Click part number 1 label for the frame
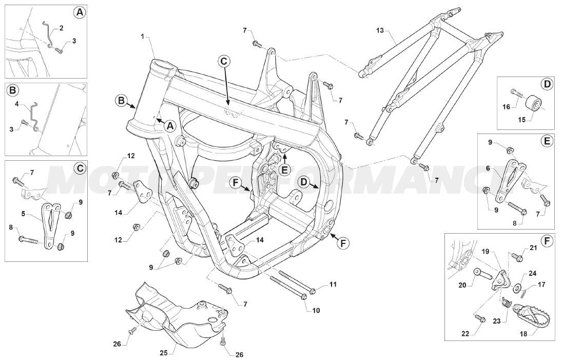(143, 36)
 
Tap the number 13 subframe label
(380, 30)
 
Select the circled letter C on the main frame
(223, 61)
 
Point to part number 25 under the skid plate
(164, 353)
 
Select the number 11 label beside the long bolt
(333, 284)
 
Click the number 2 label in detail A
(61, 28)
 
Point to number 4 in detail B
(16, 104)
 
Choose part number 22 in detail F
(465, 333)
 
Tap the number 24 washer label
(533, 273)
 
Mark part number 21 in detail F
(533, 248)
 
